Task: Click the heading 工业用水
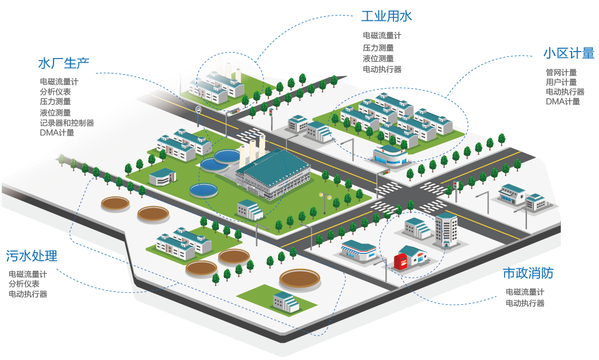[386, 16]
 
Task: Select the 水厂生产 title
[63, 63]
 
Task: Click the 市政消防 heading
[528, 273]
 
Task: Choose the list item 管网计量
[561, 72]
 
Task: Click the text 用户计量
[561, 82]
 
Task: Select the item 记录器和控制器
[67, 123]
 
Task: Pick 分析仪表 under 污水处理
[24, 284]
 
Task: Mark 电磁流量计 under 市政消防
[525, 292]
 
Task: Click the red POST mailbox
[400, 262]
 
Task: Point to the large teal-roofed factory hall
[274, 172]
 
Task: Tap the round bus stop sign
[198, 109]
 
